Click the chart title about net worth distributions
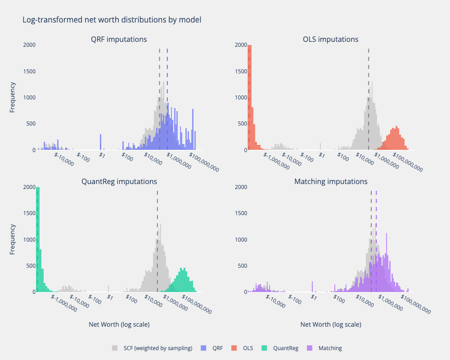[112, 20]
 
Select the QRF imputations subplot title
[119, 40]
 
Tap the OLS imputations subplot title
[331, 40]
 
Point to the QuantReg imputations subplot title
[119, 182]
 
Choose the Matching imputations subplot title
[331, 182]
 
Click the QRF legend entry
[217, 348]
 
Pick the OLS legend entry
[247, 348]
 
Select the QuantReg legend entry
[285, 348]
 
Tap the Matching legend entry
[330, 348]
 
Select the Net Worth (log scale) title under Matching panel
[331, 324]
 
